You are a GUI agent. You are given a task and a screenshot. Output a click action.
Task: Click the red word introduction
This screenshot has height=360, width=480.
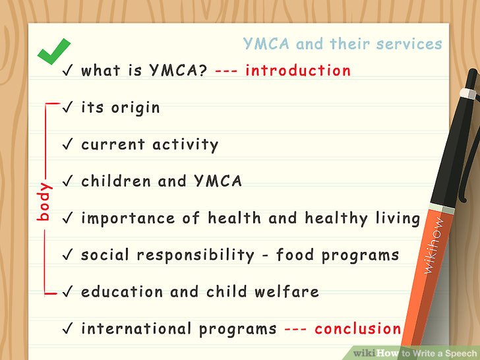point(298,70)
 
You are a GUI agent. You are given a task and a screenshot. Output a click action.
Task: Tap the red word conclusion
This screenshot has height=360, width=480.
point(358,329)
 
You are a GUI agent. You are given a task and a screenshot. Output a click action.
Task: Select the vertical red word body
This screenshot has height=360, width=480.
point(44,202)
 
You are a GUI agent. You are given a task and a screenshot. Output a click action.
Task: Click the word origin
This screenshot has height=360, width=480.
point(135,108)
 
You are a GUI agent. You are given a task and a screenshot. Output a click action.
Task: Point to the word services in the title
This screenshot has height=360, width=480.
point(409,44)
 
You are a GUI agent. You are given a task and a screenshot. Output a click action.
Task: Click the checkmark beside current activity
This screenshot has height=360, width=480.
point(67,144)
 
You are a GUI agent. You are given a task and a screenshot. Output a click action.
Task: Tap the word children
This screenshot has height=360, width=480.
point(116,181)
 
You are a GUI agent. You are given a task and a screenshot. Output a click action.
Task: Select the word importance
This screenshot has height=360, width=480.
point(128,219)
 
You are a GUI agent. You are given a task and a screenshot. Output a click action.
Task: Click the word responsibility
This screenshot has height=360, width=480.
point(195,255)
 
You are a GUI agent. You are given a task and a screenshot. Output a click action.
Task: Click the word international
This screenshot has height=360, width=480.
point(136,329)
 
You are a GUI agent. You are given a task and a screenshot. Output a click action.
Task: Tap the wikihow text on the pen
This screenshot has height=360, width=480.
point(433,245)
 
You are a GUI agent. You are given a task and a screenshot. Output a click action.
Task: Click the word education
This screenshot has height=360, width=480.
point(122,291)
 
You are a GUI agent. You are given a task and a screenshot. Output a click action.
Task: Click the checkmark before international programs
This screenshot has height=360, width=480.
point(67,328)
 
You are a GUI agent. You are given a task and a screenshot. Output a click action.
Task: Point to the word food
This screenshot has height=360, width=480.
point(295,255)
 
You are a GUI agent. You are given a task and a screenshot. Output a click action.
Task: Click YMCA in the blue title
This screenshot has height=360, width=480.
point(266,44)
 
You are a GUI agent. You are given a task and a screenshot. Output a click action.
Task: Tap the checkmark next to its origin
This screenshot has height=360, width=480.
point(67,107)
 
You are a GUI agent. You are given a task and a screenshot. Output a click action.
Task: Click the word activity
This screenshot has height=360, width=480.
point(185,145)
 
